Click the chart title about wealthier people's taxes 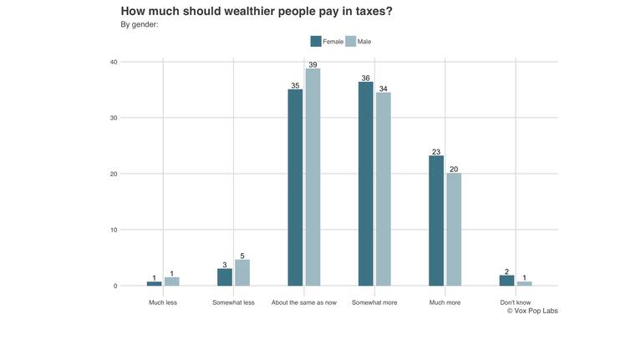[x=257, y=11]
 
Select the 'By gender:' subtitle [x=140, y=24]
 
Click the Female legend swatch [x=315, y=41]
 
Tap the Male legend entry [x=359, y=41]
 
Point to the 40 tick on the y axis [x=113, y=62]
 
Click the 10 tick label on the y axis [x=113, y=230]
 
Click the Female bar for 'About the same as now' [x=295, y=188]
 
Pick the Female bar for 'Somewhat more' [x=365, y=184]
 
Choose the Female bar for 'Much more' [x=435, y=221]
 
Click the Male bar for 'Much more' [x=453, y=229]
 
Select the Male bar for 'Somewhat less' [x=242, y=272]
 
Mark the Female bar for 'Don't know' [x=506, y=281]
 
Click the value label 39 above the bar [x=313, y=64]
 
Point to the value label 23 [x=435, y=152]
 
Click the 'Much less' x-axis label [x=163, y=302]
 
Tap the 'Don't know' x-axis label [x=515, y=302]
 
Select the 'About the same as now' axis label [x=303, y=302]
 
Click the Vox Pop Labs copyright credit [x=532, y=312]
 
